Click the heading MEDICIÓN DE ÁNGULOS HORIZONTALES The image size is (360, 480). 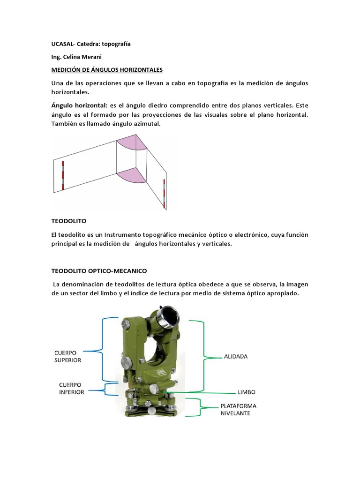[x=106, y=70]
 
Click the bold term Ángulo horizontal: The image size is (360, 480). [x=79, y=105]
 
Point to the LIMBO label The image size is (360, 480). [x=246, y=391]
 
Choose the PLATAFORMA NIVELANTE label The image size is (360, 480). [x=239, y=409]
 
